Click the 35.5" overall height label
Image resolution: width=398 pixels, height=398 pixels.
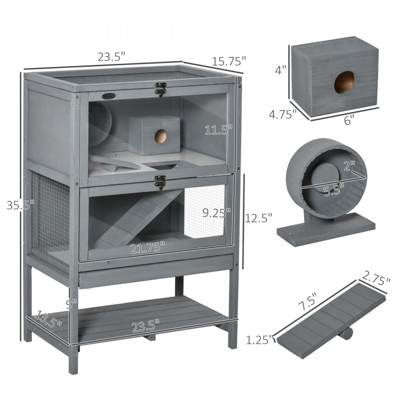point(21,205)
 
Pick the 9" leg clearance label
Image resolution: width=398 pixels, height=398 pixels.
point(71,304)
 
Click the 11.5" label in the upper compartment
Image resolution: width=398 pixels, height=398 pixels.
point(219,130)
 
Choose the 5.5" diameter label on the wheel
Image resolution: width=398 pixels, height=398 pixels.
point(334,190)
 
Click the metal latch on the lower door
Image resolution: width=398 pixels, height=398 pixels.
point(160,181)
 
